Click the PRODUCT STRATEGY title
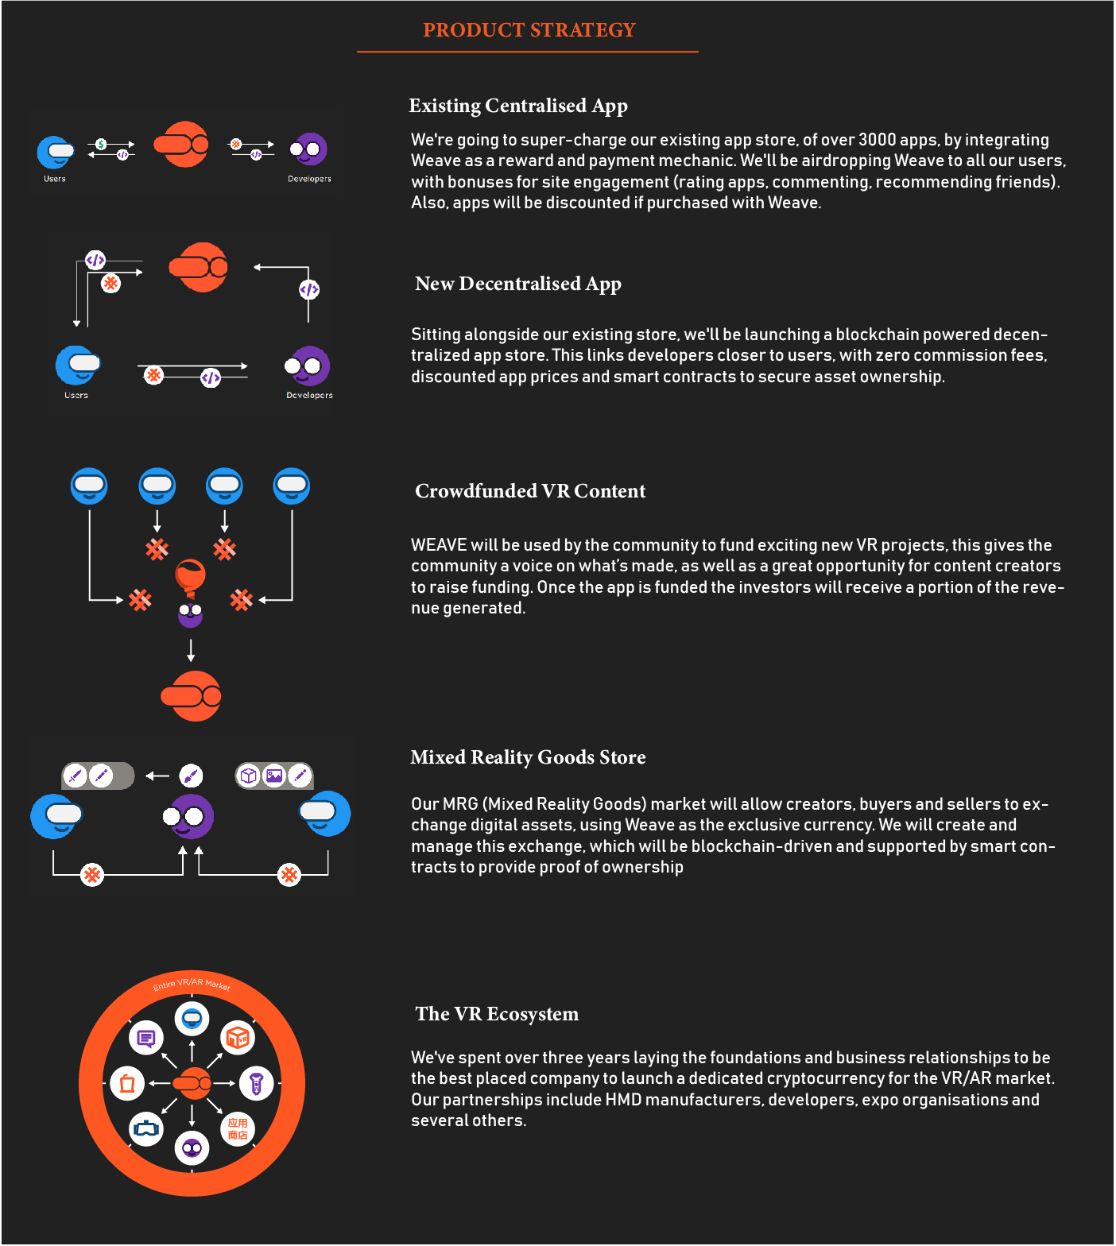pyautogui.click(x=529, y=30)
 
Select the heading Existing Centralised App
pyautogui.click(x=518, y=106)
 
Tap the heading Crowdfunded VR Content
pyautogui.click(x=530, y=491)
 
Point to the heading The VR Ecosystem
pyautogui.click(x=497, y=1014)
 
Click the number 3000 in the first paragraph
pyautogui.click(x=878, y=140)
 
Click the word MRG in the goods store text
pyautogui.click(x=461, y=804)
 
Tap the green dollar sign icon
pyautogui.click(x=101, y=144)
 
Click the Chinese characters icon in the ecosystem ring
pyautogui.click(x=238, y=1128)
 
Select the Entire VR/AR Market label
pyautogui.click(x=192, y=985)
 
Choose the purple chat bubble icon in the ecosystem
pyautogui.click(x=146, y=1038)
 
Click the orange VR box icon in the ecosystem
pyautogui.click(x=238, y=1038)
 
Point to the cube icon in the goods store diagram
pyautogui.click(x=249, y=776)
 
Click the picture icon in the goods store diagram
pyautogui.click(x=274, y=776)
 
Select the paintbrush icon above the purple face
pyautogui.click(x=191, y=776)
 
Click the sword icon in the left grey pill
pyautogui.click(x=76, y=776)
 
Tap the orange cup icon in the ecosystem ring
pyautogui.click(x=127, y=1083)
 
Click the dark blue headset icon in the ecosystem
pyautogui.click(x=146, y=1128)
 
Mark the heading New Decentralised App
pyautogui.click(x=518, y=284)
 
